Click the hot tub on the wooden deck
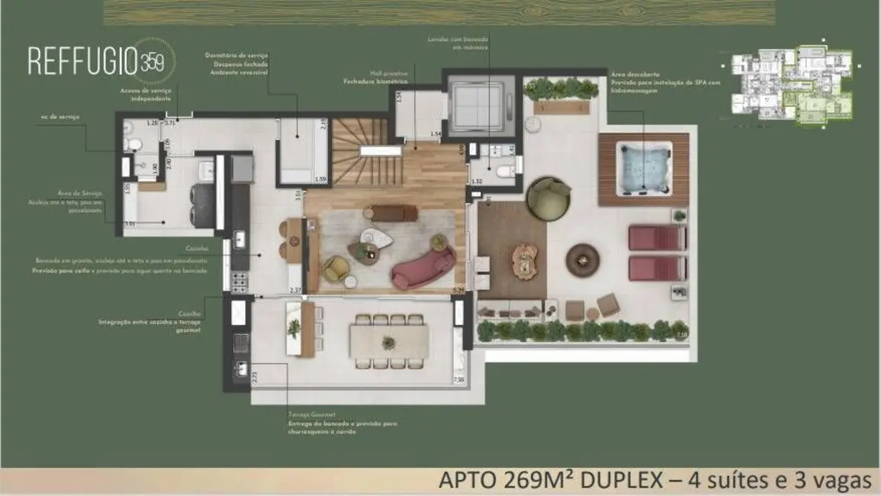point(645,168)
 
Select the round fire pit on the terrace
point(583,259)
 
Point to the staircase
point(359,153)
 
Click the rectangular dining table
point(389,342)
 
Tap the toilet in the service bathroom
point(133,143)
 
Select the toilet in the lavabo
point(506,172)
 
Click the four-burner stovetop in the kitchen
point(239,282)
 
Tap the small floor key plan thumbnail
point(792,85)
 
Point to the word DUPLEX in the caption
point(622,481)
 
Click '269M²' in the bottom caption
point(535,481)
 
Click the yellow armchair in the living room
point(335,267)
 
